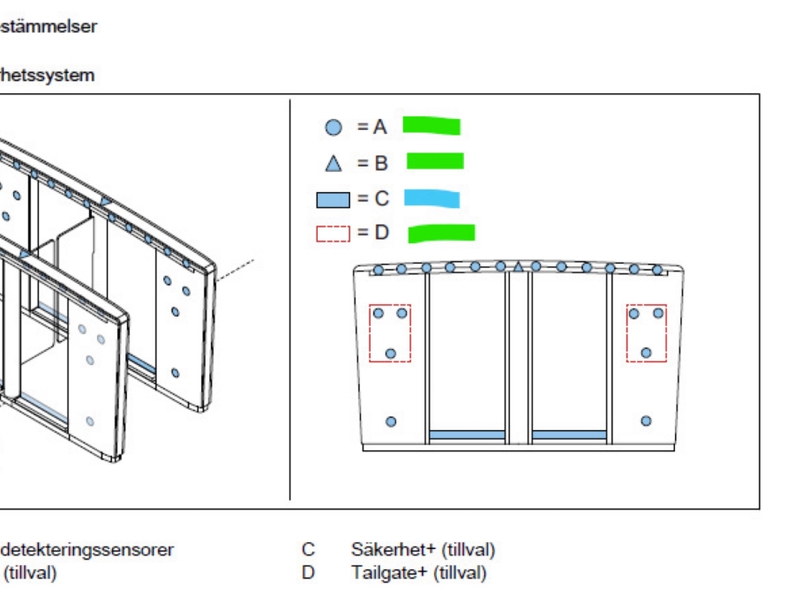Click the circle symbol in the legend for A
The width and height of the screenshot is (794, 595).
pyautogui.click(x=333, y=127)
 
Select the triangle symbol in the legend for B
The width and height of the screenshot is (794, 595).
pyautogui.click(x=333, y=162)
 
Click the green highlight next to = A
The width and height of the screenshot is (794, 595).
pyautogui.click(x=431, y=126)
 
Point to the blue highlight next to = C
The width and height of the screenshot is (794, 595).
pyautogui.click(x=432, y=198)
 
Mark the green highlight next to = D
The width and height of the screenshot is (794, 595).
pyautogui.click(x=441, y=234)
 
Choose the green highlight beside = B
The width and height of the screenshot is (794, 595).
pyautogui.click(x=434, y=161)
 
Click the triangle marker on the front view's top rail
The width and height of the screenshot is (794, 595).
pyautogui.click(x=519, y=266)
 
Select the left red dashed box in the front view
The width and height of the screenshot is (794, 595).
pyautogui.click(x=389, y=333)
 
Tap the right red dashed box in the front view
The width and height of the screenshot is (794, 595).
pyautogui.click(x=646, y=333)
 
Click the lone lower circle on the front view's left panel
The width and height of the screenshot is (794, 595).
pyautogui.click(x=391, y=421)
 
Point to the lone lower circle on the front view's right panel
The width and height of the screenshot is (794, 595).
pyautogui.click(x=646, y=421)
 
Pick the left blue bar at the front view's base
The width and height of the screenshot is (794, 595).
pyautogui.click(x=467, y=435)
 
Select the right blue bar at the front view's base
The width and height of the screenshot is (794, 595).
pyautogui.click(x=570, y=435)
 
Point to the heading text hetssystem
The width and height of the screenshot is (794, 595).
pyautogui.click(x=48, y=76)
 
